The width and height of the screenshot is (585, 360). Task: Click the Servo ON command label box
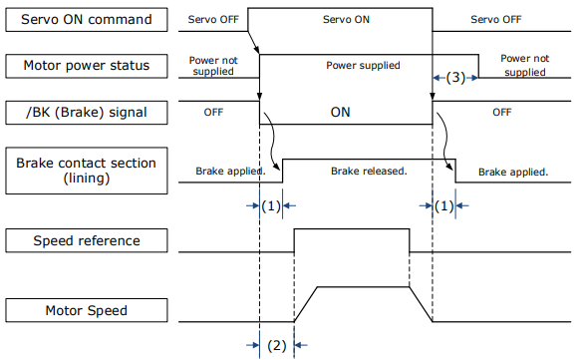[x=87, y=19]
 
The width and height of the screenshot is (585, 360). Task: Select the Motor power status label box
[x=87, y=66]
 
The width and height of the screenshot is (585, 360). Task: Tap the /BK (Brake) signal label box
[x=87, y=112]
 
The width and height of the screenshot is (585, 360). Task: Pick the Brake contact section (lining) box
[x=87, y=171]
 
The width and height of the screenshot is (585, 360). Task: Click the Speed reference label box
[x=87, y=240]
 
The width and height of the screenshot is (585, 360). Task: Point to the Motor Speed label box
[x=87, y=310]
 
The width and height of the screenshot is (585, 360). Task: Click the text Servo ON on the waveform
[x=346, y=19]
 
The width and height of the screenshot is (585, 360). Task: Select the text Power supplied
[x=363, y=66]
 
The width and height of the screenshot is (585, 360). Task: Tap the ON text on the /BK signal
[x=340, y=112]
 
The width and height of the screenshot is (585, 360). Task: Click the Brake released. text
[x=369, y=172]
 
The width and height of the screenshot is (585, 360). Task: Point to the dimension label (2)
[x=277, y=345]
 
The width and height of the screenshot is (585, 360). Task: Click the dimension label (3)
[x=455, y=78]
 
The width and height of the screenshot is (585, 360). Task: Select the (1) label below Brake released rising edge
[x=271, y=205]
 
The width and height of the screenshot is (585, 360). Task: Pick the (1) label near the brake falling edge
[x=443, y=205]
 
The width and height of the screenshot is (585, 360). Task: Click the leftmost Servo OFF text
[x=213, y=19]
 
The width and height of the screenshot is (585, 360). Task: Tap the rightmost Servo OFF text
[x=496, y=19]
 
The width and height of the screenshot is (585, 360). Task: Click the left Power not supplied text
[x=213, y=66]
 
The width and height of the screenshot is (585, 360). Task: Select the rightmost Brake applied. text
[x=513, y=173]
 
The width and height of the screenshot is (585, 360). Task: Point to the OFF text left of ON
[x=213, y=112]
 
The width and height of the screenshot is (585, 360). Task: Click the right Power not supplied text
[x=525, y=65]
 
